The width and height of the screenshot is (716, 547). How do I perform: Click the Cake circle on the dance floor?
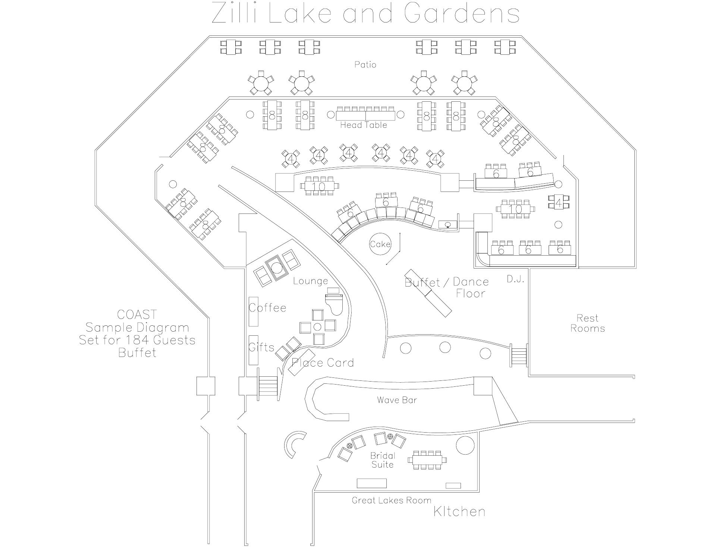[380, 244]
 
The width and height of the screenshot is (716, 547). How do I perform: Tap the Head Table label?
[364, 125]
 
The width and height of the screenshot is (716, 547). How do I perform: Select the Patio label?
[365, 64]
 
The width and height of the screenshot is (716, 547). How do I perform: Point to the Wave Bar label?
[397, 400]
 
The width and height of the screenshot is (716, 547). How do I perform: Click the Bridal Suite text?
[383, 460]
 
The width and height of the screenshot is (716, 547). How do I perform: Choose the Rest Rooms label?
[588, 323]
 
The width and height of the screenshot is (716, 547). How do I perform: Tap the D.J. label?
[516, 279]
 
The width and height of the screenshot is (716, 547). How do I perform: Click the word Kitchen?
[459, 512]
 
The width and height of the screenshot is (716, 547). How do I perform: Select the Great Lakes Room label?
[392, 500]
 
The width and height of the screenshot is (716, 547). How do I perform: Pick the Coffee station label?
[267, 308]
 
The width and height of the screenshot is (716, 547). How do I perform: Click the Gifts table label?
[261, 347]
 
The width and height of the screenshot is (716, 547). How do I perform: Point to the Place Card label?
[323, 363]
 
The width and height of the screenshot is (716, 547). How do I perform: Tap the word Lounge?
[311, 281]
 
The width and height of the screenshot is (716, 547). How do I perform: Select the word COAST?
[137, 314]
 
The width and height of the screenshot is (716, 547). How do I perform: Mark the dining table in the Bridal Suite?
[428, 460]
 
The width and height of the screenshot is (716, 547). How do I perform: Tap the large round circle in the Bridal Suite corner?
[465, 445]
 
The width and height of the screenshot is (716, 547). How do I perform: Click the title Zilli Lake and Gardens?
[365, 13]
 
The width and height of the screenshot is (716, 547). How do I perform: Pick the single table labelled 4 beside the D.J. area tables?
[558, 202]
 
